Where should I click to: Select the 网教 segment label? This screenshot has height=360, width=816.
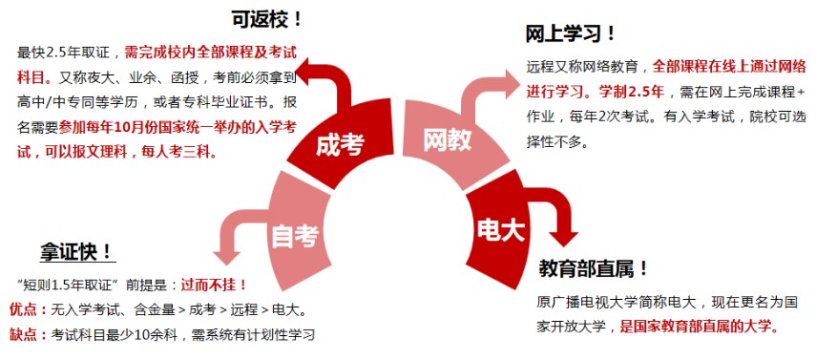tap(448, 140)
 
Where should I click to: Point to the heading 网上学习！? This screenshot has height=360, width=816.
tap(571, 35)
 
